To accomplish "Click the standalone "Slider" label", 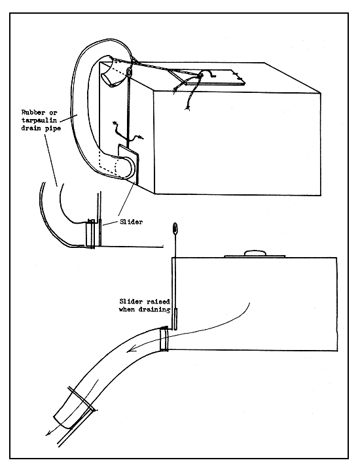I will click(x=130, y=222).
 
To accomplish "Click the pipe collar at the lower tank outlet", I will click(x=166, y=339).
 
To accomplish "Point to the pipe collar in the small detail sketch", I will click(x=90, y=234).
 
